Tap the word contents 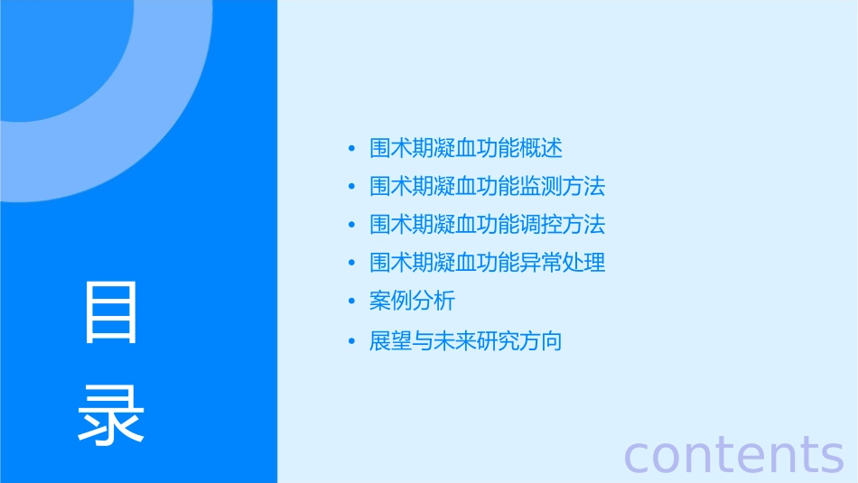(x=734, y=454)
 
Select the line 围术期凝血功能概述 (x=466, y=148)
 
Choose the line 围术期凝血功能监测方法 (x=487, y=187)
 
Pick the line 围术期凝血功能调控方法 (x=487, y=224)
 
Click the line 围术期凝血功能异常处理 (x=487, y=263)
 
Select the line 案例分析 (x=412, y=301)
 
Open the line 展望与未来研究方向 (x=466, y=341)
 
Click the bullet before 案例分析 (x=351, y=302)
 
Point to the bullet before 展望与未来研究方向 (x=351, y=342)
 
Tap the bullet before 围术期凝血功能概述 (x=351, y=149)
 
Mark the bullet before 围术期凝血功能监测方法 (x=351, y=188)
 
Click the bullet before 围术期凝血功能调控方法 (x=351, y=225)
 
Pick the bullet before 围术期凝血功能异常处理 (x=351, y=264)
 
